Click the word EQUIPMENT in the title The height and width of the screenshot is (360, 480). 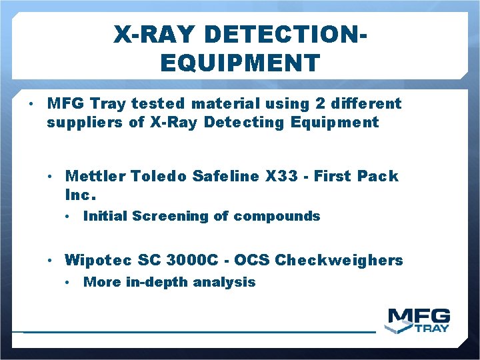[240, 63]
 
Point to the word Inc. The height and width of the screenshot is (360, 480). [80, 196]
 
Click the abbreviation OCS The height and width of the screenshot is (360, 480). [253, 260]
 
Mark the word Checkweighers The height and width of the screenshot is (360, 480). [339, 260]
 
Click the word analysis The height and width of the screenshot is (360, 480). [224, 282]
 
